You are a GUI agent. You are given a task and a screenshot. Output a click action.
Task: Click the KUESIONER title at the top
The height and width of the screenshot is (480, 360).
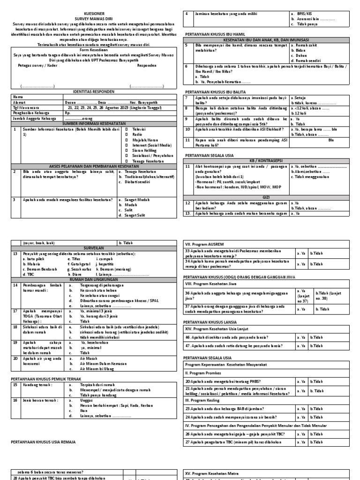pos(91,15)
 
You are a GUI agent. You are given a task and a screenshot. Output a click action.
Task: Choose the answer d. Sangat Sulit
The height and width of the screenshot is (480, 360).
pos(136,216)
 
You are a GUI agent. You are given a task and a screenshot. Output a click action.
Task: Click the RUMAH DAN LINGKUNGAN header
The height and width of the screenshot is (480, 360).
pos(91,279)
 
